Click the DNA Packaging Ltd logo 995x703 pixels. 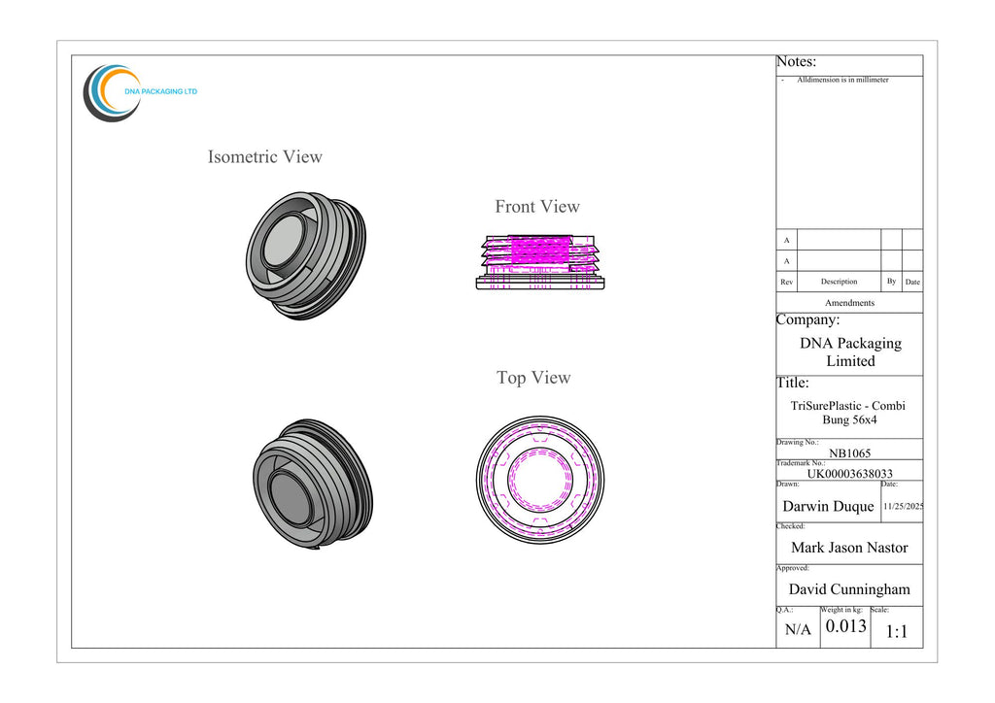140,92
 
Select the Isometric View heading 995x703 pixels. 264,156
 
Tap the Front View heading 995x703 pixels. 536,207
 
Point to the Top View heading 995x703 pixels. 533,378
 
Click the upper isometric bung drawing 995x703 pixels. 306,255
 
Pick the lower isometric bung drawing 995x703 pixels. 313,484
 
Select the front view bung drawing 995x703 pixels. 540,262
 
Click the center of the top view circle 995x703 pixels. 540,480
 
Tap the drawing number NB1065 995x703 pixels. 849,453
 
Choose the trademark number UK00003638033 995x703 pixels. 849,474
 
